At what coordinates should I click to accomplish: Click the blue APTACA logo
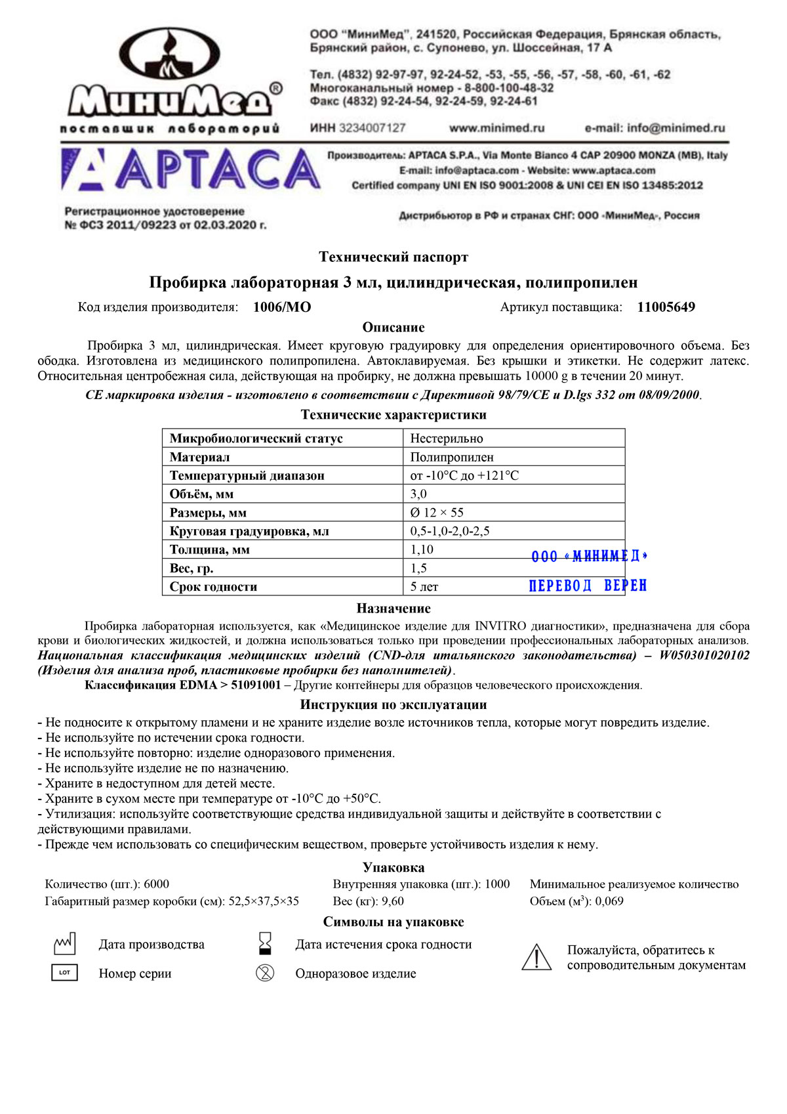click(190, 169)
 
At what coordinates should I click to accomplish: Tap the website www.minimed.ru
click(496, 128)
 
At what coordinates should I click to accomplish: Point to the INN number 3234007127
click(372, 128)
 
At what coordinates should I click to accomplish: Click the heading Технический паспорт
click(393, 257)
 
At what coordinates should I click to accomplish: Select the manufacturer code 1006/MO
click(282, 307)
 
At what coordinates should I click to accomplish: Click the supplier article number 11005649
click(666, 307)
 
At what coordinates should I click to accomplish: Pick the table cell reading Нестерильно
click(447, 439)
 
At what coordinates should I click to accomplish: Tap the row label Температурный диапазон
click(247, 475)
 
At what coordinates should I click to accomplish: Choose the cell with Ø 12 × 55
click(437, 513)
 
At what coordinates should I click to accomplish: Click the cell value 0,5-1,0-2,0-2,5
click(450, 531)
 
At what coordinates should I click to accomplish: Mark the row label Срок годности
click(213, 587)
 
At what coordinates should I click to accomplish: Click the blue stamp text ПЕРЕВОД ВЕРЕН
click(588, 586)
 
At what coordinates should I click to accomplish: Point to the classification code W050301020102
click(704, 655)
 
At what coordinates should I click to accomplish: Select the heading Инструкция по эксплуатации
click(393, 705)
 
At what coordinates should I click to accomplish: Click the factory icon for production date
click(64, 944)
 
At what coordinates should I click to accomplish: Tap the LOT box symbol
click(64, 973)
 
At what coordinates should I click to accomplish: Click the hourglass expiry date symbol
click(265, 943)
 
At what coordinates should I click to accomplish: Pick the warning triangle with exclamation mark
click(536, 957)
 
